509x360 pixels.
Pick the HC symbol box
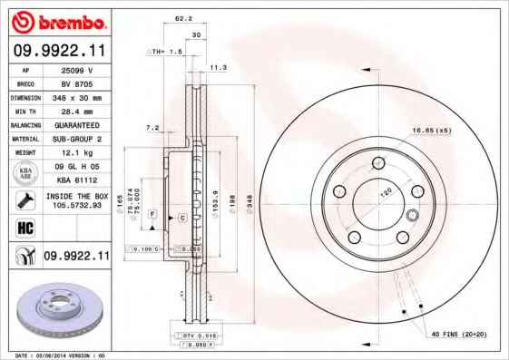pos(19,228)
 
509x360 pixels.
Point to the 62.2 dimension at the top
pos(183,17)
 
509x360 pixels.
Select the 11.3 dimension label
pos(219,66)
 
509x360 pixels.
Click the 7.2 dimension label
pos(152,128)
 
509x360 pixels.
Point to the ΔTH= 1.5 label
pos(165,53)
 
